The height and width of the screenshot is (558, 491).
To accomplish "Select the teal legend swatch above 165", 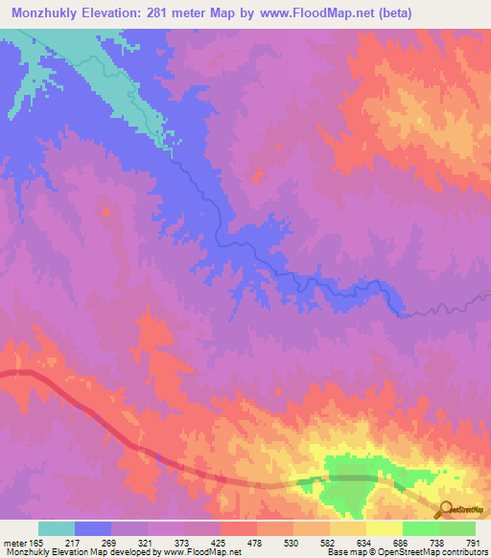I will pos(57,528).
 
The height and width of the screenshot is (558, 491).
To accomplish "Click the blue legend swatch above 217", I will pos(93,528).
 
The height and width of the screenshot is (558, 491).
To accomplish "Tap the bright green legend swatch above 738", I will pos(421,528).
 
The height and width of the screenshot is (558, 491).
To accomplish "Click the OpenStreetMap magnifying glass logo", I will pos(444,508).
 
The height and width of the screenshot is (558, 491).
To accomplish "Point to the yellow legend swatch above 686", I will pos(385,528).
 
